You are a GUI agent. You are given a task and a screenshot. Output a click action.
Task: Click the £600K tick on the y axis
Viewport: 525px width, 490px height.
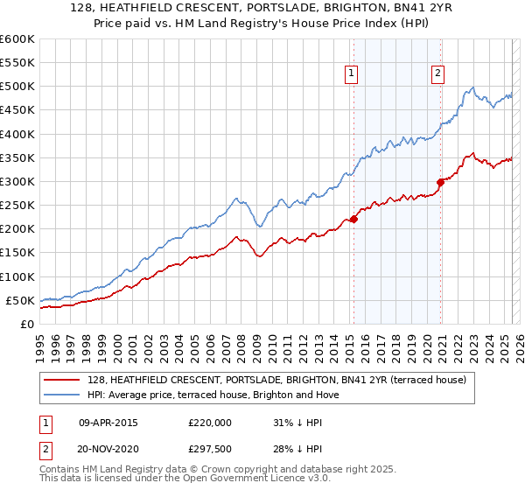(17, 39)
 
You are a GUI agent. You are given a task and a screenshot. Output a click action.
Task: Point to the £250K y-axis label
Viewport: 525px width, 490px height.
(17, 205)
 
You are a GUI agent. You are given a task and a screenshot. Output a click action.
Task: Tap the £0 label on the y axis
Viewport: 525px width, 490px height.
(27, 324)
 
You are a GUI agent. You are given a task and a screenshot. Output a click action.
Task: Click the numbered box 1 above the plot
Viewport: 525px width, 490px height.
(351, 74)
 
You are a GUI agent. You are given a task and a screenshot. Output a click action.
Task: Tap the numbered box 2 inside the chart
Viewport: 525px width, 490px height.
(437, 74)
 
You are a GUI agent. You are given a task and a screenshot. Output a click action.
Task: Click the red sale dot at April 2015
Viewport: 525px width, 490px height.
(353, 219)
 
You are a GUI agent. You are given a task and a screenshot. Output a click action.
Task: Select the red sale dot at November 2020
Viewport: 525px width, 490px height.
(441, 182)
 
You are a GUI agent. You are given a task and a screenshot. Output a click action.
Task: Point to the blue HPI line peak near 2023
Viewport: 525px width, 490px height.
(472, 87)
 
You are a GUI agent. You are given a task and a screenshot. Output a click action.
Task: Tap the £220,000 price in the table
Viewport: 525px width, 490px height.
(209, 422)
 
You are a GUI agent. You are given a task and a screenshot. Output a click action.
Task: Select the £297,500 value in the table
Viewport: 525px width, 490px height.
(209, 448)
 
